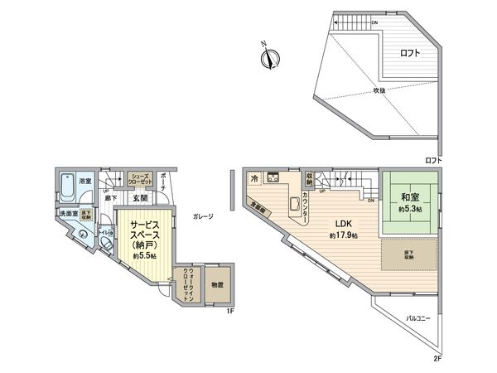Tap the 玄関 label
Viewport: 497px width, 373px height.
139,198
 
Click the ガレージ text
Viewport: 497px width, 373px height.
203,216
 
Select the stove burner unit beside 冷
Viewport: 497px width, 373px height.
273,179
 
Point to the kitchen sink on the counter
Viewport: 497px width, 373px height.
295,204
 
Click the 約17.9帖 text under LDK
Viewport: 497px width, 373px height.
343,236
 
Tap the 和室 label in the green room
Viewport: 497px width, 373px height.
408,198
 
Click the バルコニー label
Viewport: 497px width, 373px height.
420,317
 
